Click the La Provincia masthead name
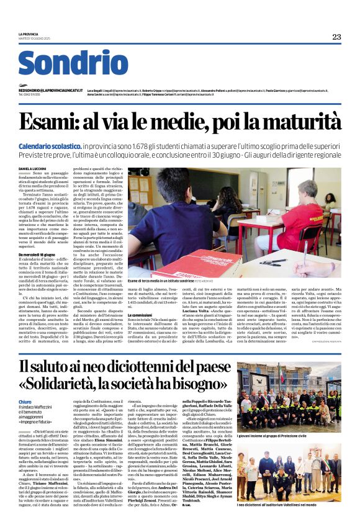[29, 34]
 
